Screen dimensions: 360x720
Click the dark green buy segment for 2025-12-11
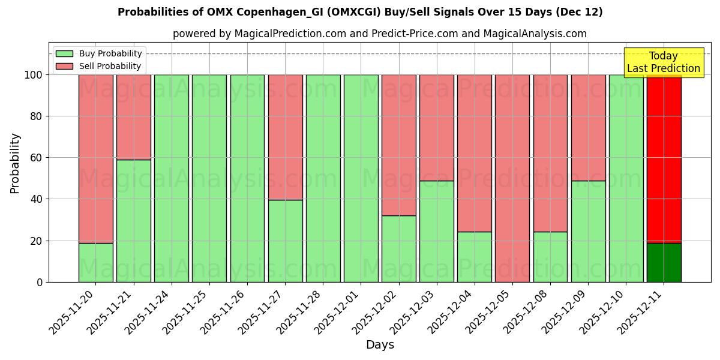pos(664,262)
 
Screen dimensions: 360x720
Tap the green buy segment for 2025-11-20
pos(95,262)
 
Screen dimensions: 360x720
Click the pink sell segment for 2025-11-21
pos(133,117)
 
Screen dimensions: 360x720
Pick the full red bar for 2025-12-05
pos(512,178)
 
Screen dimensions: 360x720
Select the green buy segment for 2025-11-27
pos(285,241)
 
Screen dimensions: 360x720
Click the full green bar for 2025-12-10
pos(626,178)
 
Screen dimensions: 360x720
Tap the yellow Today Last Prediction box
pos(664,62)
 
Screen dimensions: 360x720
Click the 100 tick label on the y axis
pos(33,75)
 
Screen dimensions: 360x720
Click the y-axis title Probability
pos(15,163)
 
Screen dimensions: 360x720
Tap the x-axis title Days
pos(380,345)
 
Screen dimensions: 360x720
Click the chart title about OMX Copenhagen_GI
pos(360,12)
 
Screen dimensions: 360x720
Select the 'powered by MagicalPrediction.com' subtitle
pos(380,34)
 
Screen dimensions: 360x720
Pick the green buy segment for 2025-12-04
pos(475,257)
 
